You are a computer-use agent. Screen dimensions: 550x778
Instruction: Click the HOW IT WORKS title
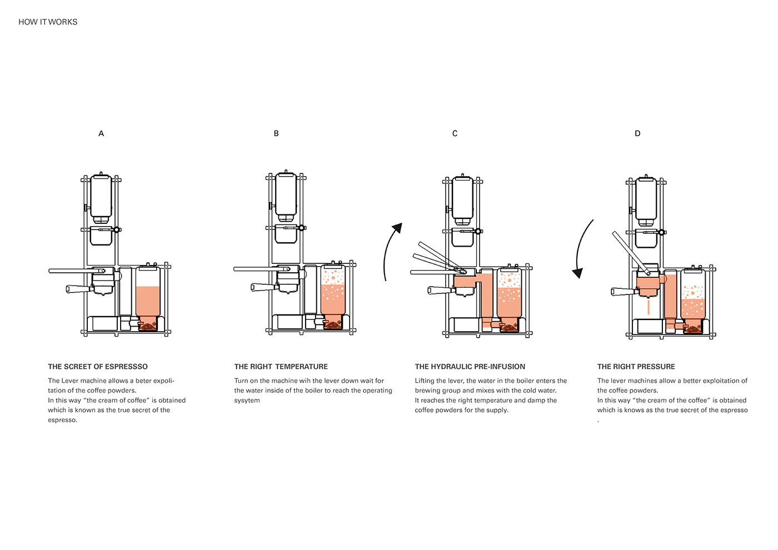(x=48, y=22)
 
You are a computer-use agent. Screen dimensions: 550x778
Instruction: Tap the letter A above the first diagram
(x=101, y=133)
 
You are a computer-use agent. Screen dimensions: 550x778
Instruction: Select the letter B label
(x=276, y=133)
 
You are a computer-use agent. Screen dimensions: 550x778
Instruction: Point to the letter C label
(x=455, y=133)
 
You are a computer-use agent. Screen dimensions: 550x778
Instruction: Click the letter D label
(x=637, y=133)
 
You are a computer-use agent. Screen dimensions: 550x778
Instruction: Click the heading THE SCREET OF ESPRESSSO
(x=98, y=367)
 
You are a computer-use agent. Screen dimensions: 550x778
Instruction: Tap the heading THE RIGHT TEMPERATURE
(x=281, y=367)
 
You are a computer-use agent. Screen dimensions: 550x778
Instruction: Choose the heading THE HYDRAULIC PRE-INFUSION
(x=470, y=367)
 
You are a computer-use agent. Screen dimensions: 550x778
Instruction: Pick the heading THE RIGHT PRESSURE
(x=636, y=367)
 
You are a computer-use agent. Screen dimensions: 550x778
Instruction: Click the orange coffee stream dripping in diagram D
(x=648, y=307)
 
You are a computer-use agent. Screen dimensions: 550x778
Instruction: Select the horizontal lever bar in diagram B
(x=256, y=269)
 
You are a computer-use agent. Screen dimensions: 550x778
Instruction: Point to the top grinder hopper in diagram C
(x=462, y=198)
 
